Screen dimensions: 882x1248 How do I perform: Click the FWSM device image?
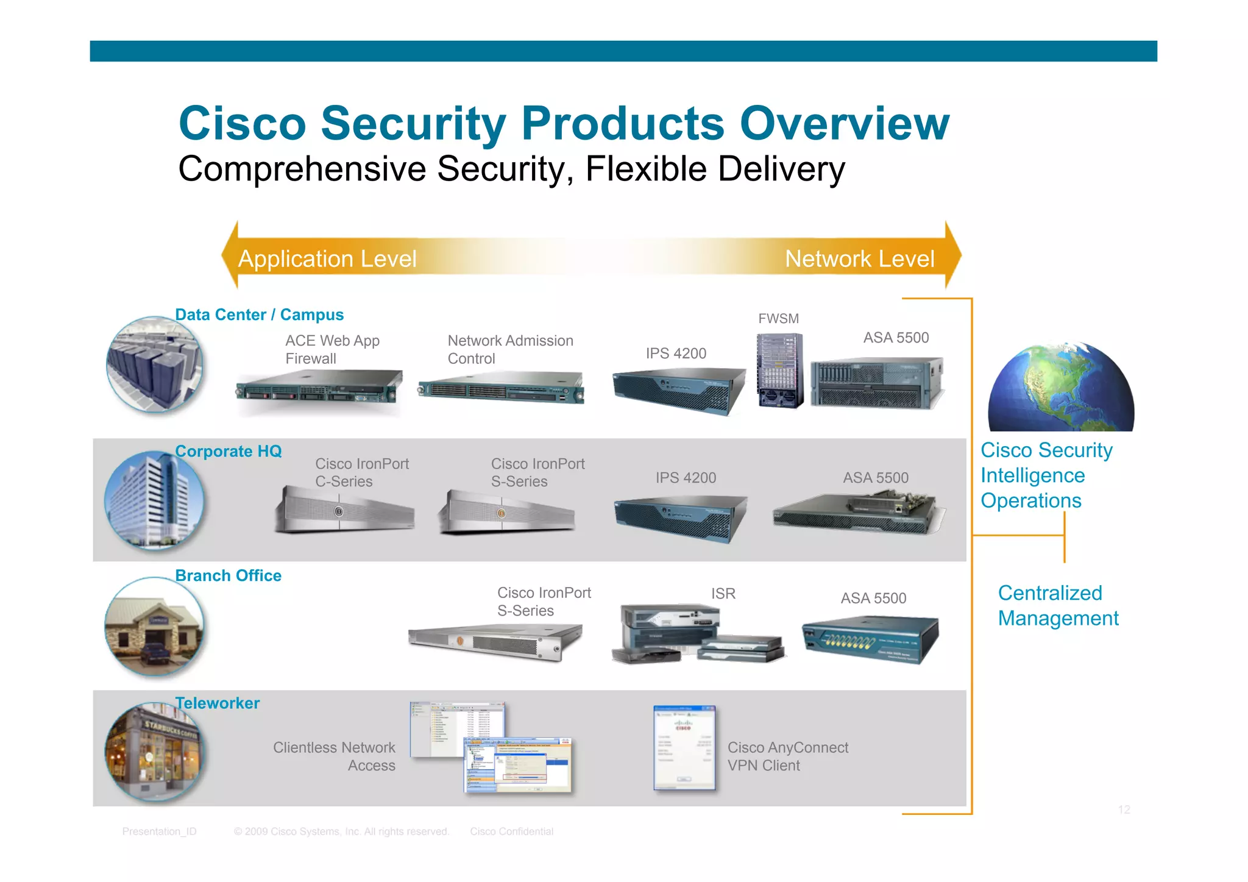tap(779, 371)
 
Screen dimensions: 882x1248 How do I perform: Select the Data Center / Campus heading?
tap(259, 315)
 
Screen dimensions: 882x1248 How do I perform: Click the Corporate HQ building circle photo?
tap(155, 500)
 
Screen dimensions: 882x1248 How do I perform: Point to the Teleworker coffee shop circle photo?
tap(155, 751)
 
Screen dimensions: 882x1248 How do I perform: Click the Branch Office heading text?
tap(228, 575)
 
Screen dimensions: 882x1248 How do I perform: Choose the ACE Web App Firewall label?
tap(332, 349)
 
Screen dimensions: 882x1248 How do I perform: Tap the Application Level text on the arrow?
tap(327, 259)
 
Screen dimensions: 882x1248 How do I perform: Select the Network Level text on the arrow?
tap(859, 259)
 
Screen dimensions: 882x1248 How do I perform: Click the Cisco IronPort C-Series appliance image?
tap(344, 511)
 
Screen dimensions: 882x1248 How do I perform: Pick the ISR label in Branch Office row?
tap(723, 594)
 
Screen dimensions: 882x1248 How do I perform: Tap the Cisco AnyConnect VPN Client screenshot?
tap(684, 747)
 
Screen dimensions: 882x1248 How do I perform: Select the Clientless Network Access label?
tap(335, 756)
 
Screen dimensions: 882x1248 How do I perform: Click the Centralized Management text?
tap(1058, 605)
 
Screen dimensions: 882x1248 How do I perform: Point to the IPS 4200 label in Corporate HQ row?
tap(686, 478)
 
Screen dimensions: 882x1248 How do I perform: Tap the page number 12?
tap(1124, 809)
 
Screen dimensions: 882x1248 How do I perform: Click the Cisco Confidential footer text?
tap(511, 831)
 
